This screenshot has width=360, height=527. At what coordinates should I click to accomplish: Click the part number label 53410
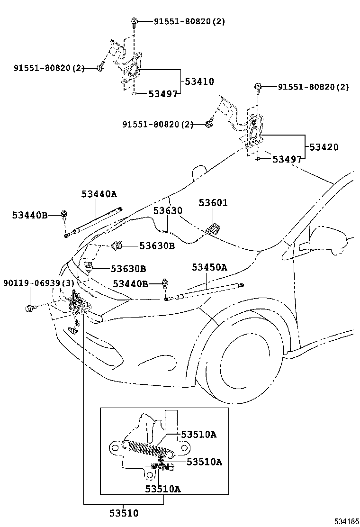point(199,82)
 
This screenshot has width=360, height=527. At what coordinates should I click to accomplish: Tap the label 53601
point(213,203)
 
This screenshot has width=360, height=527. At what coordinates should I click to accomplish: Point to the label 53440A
point(99,193)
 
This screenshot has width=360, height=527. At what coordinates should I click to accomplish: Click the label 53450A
point(209,267)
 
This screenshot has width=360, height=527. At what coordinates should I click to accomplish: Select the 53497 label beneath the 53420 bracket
point(287,159)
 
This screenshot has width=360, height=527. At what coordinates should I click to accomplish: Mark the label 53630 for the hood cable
point(167,210)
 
